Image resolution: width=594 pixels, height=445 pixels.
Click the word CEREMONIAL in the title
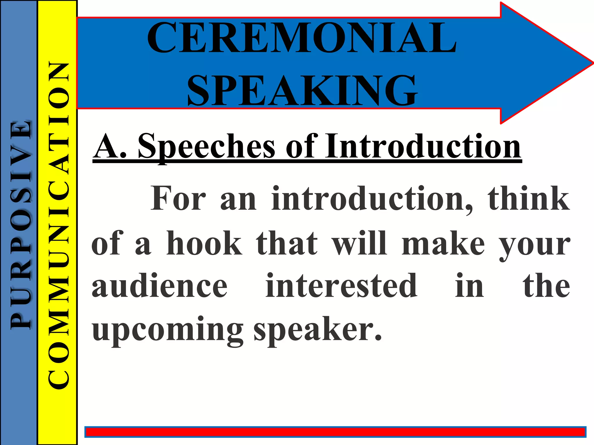[x=302, y=38]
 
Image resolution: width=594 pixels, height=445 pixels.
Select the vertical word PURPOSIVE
[x=20, y=225]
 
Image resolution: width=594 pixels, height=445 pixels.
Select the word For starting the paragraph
[x=178, y=199]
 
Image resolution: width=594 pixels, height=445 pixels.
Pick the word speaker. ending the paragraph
[x=318, y=330]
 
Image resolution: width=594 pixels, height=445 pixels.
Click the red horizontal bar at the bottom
[x=335, y=432]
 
